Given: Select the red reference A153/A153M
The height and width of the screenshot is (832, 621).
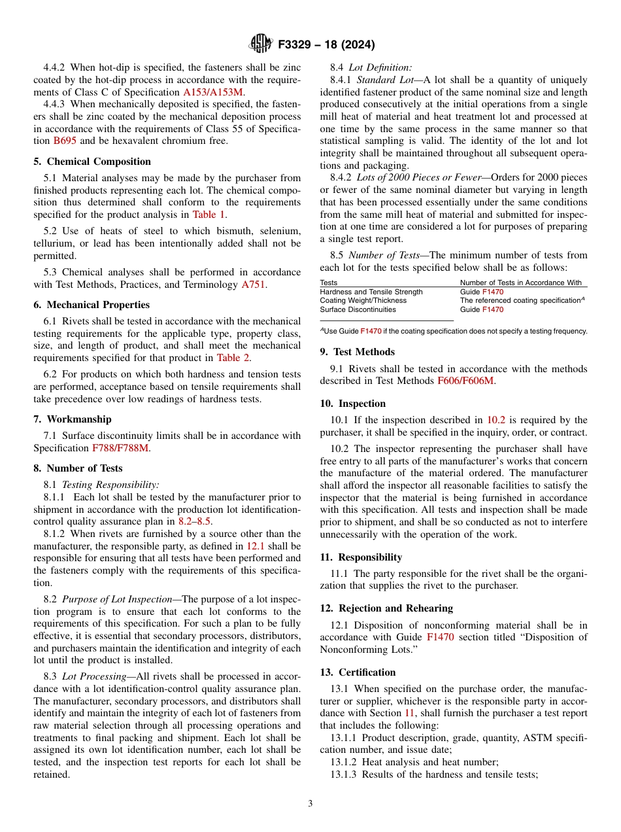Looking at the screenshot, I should pos(214,92).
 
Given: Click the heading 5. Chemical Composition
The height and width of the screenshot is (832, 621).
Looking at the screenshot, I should pos(92,162).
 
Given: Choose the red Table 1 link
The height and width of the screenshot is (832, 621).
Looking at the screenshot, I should pos(209,215).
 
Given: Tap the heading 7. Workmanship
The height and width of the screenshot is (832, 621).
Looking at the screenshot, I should pos(73,419).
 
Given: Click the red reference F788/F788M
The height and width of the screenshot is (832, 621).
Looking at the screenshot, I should pos(121,448).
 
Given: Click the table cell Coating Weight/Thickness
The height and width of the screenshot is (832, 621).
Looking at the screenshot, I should pos(363,300).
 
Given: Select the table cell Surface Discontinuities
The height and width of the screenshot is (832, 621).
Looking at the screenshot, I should pos(358,309).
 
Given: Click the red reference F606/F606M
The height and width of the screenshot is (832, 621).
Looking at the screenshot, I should pos(465,381).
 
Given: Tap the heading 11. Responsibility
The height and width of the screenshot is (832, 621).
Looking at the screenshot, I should pos(361,557).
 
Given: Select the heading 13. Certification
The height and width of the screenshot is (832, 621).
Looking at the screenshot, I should pos(358,672).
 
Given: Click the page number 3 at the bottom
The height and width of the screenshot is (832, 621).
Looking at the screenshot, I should pos(310,804).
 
